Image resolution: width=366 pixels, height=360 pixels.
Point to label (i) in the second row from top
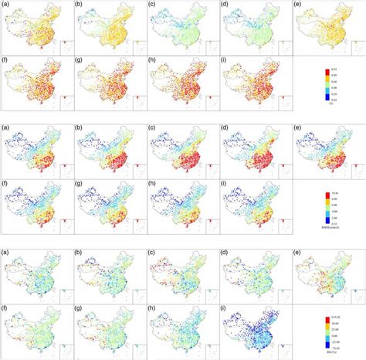click(227, 66)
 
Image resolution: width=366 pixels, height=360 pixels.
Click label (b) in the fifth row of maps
click(81, 253)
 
